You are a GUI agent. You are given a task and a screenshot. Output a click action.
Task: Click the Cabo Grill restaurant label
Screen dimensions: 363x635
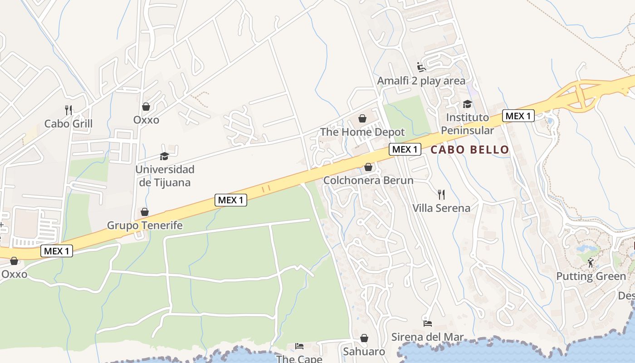pyautogui.click(x=68, y=123)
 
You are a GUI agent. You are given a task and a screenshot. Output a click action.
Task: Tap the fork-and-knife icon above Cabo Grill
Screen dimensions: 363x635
pyautogui.click(x=68, y=110)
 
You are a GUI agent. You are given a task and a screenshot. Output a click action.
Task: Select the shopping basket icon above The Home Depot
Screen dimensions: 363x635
pyautogui.click(x=362, y=119)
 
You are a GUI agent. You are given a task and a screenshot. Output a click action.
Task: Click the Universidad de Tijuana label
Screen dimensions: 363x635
pyautogui.click(x=165, y=176)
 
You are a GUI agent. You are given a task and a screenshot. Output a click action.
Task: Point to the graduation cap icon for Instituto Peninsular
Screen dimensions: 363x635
pyautogui.click(x=467, y=104)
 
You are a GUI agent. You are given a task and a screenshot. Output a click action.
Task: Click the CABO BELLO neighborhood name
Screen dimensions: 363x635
pyautogui.click(x=469, y=150)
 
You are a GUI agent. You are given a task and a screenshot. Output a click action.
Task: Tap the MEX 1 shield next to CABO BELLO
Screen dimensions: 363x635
pyautogui.click(x=405, y=149)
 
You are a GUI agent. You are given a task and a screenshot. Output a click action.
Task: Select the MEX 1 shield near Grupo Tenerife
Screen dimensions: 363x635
pyautogui.click(x=231, y=200)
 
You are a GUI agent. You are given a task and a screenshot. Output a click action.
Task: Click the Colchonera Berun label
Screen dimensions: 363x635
pyautogui.click(x=368, y=180)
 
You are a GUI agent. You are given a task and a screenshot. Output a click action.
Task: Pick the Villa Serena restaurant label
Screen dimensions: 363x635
pyautogui.click(x=441, y=208)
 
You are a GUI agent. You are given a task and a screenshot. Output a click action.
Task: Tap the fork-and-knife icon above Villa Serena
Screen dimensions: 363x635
pyautogui.click(x=441, y=195)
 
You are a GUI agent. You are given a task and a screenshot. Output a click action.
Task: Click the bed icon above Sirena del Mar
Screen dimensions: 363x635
pyautogui.click(x=427, y=324)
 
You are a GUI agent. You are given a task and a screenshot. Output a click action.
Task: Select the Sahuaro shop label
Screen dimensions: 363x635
pyautogui.click(x=364, y=351)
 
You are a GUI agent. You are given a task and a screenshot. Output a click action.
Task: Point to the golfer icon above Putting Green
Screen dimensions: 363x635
pyautogui.click(x=591, y=263)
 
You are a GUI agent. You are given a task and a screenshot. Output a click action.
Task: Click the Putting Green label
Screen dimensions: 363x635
pyautogui.click(x=591, y=276)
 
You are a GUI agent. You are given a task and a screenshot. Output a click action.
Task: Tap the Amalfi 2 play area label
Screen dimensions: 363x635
pyautogui.click(x=421, y=81)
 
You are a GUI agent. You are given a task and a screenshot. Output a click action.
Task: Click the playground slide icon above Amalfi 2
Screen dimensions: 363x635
pyautogui.click(x=421, y=67)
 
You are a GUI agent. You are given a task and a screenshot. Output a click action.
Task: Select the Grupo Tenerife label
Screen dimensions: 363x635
pyautogui.click(x=144, y=225)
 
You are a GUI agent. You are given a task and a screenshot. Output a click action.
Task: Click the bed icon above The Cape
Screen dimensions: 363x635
pyautogui.click(x=299, y=346)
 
